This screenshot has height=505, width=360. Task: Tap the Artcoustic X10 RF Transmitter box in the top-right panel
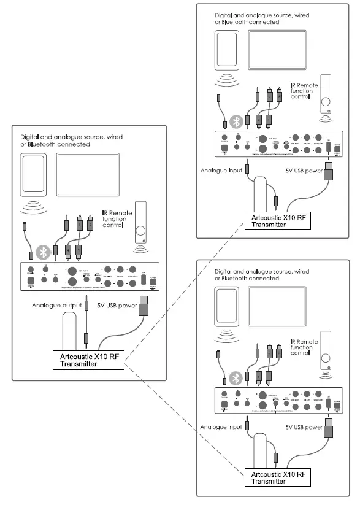coord(273,220)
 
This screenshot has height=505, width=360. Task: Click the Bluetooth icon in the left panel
coord(42,251)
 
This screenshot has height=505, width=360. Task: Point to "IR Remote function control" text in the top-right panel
coord(304,91)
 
